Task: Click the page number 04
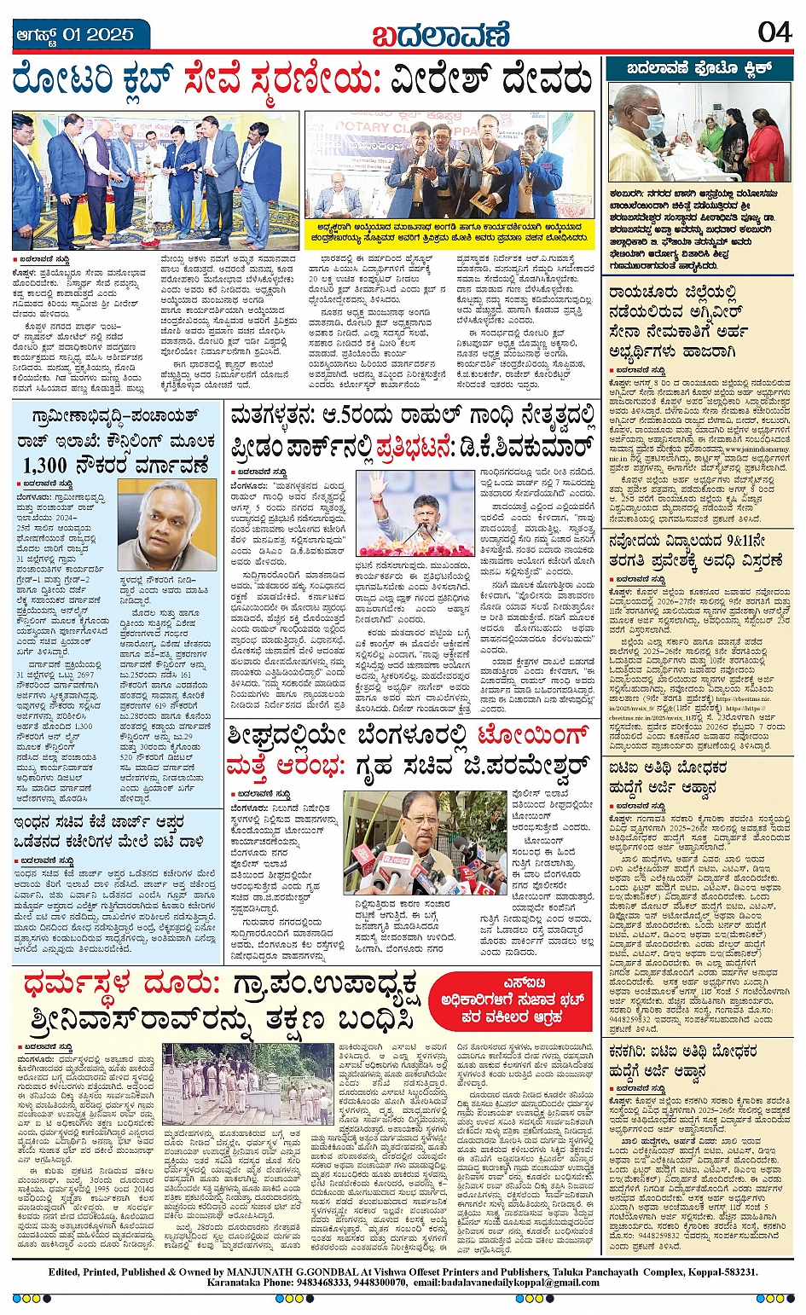click(774, 32)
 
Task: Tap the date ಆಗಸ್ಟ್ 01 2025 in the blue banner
click(75, 35)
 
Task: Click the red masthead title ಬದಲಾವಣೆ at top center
click(440, 34)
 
